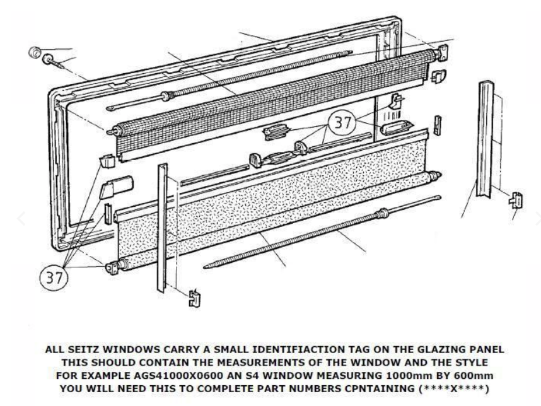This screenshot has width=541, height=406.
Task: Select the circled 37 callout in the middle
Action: (342, 123)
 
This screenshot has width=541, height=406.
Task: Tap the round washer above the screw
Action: (37, 50)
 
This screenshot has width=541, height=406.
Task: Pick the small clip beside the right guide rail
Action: (516, 200)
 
